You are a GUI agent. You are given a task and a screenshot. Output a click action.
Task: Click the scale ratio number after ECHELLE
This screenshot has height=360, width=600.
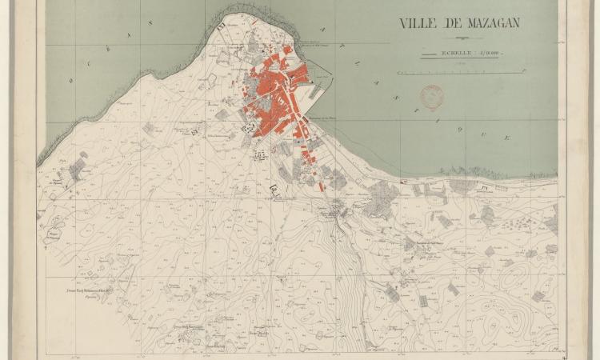point(482,53)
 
